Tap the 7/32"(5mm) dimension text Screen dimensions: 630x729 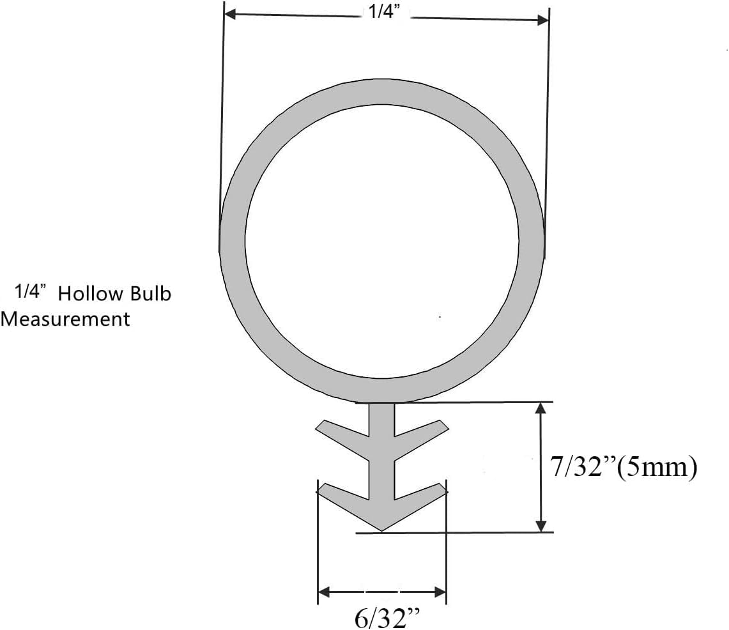(x=623, y=467)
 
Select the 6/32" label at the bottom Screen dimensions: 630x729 (x=388, y=618)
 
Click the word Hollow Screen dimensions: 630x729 (x=90, y=294)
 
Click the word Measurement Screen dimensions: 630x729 (x=66, y=318)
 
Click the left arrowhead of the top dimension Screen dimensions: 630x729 (x=231, y=14)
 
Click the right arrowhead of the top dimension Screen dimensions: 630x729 (x=543, y=20)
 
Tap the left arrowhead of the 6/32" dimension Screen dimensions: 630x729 (x=325, y=592)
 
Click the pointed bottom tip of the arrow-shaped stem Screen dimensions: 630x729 (x=381, y=529)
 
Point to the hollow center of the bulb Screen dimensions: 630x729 (x=381, y=240)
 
